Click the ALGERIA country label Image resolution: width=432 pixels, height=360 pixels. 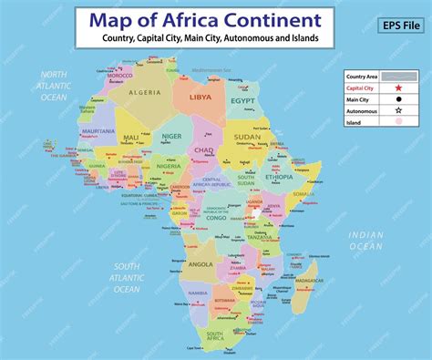coord(145,93)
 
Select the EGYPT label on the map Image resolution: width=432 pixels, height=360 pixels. coord(242,101)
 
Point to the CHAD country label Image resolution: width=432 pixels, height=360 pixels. coord(204,149)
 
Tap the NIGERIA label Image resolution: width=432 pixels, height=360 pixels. coord(169,167)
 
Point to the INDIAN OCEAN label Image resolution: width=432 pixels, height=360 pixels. coord(366,240)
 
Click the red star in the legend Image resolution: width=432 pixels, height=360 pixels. coord(397,89)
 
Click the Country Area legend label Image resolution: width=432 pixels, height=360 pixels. coord(362,77)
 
